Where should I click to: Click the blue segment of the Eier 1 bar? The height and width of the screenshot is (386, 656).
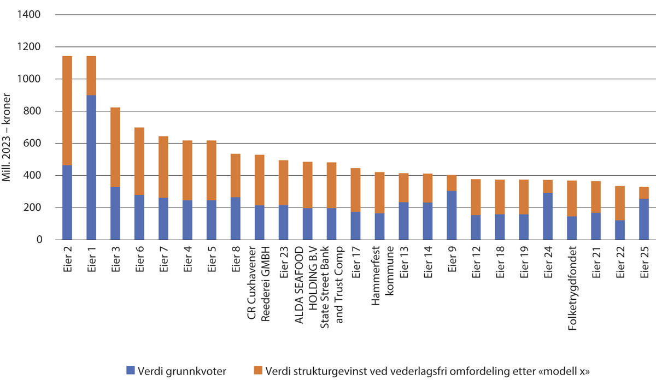tap(91, 167)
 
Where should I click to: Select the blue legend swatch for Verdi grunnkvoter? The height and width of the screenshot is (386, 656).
tap(130, 371)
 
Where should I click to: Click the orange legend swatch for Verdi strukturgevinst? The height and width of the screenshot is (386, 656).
tap(258, 371)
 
